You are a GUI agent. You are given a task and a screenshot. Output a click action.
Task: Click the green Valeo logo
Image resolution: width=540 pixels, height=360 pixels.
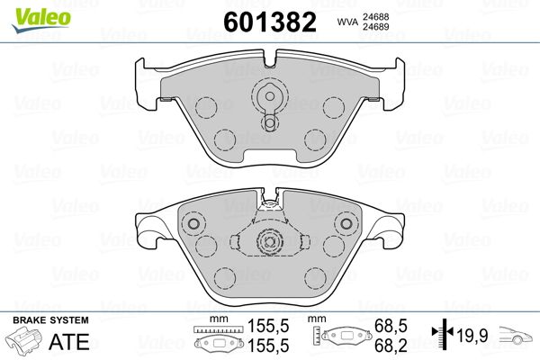pos(41,20)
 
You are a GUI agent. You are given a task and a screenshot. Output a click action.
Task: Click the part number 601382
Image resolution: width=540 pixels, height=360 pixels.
pos(270,22)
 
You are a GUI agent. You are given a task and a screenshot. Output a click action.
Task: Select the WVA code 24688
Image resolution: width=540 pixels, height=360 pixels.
pos(375,17)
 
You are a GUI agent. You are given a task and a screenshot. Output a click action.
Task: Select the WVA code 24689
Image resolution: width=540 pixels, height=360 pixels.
pos(375,27)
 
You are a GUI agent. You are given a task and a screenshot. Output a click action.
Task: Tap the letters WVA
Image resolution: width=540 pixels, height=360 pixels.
pos(347,22)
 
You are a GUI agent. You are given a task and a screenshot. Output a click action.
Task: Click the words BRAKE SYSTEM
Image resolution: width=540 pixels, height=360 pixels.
pos(50,320)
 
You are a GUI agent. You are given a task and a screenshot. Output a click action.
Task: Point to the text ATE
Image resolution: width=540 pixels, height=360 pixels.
pos(69,342)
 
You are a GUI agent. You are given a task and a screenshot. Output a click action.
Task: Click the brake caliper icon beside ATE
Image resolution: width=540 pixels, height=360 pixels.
pos(24,339)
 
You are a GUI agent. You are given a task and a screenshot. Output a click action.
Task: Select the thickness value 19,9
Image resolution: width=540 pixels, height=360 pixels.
pos(472,335)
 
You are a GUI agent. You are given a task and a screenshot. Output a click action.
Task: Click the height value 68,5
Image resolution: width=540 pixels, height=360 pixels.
pos(391,326)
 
